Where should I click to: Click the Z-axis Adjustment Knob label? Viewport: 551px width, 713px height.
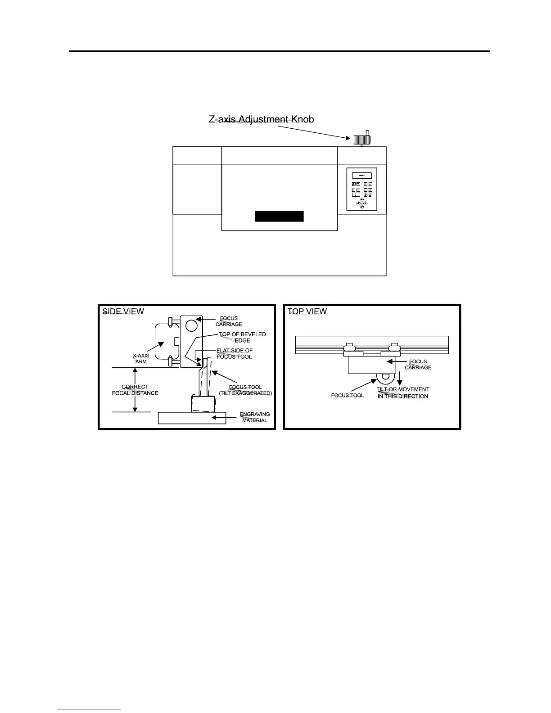tap(262, 119)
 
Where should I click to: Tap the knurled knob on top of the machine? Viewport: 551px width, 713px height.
tap(362, 140)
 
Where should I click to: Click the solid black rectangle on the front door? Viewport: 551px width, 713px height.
tap(280, 216)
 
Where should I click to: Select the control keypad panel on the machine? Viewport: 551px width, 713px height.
tap(361, 189)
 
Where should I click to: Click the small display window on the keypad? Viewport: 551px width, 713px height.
tap(361, 175)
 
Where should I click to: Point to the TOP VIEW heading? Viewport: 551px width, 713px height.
tap(307, 311)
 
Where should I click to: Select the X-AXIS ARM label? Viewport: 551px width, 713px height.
tap(141, 359)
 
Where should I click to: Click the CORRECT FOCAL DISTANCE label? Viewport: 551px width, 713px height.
tap(135, 390)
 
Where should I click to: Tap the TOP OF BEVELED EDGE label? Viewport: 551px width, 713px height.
tap(242, 337)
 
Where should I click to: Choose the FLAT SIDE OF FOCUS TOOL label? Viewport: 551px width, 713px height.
tap(234, 353)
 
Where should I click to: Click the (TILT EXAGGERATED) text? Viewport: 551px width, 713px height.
tap(245, 393)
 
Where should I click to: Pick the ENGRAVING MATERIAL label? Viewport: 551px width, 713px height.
tap(255, 417)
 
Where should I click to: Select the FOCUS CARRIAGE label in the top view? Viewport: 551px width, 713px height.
tap(418, 364)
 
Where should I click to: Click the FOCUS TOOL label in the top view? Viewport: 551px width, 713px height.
tap(347, 395)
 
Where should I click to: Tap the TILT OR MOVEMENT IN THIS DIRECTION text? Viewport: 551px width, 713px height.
tap(403, 393)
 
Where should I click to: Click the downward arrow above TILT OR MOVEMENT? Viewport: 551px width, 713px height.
tap(399, 378)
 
